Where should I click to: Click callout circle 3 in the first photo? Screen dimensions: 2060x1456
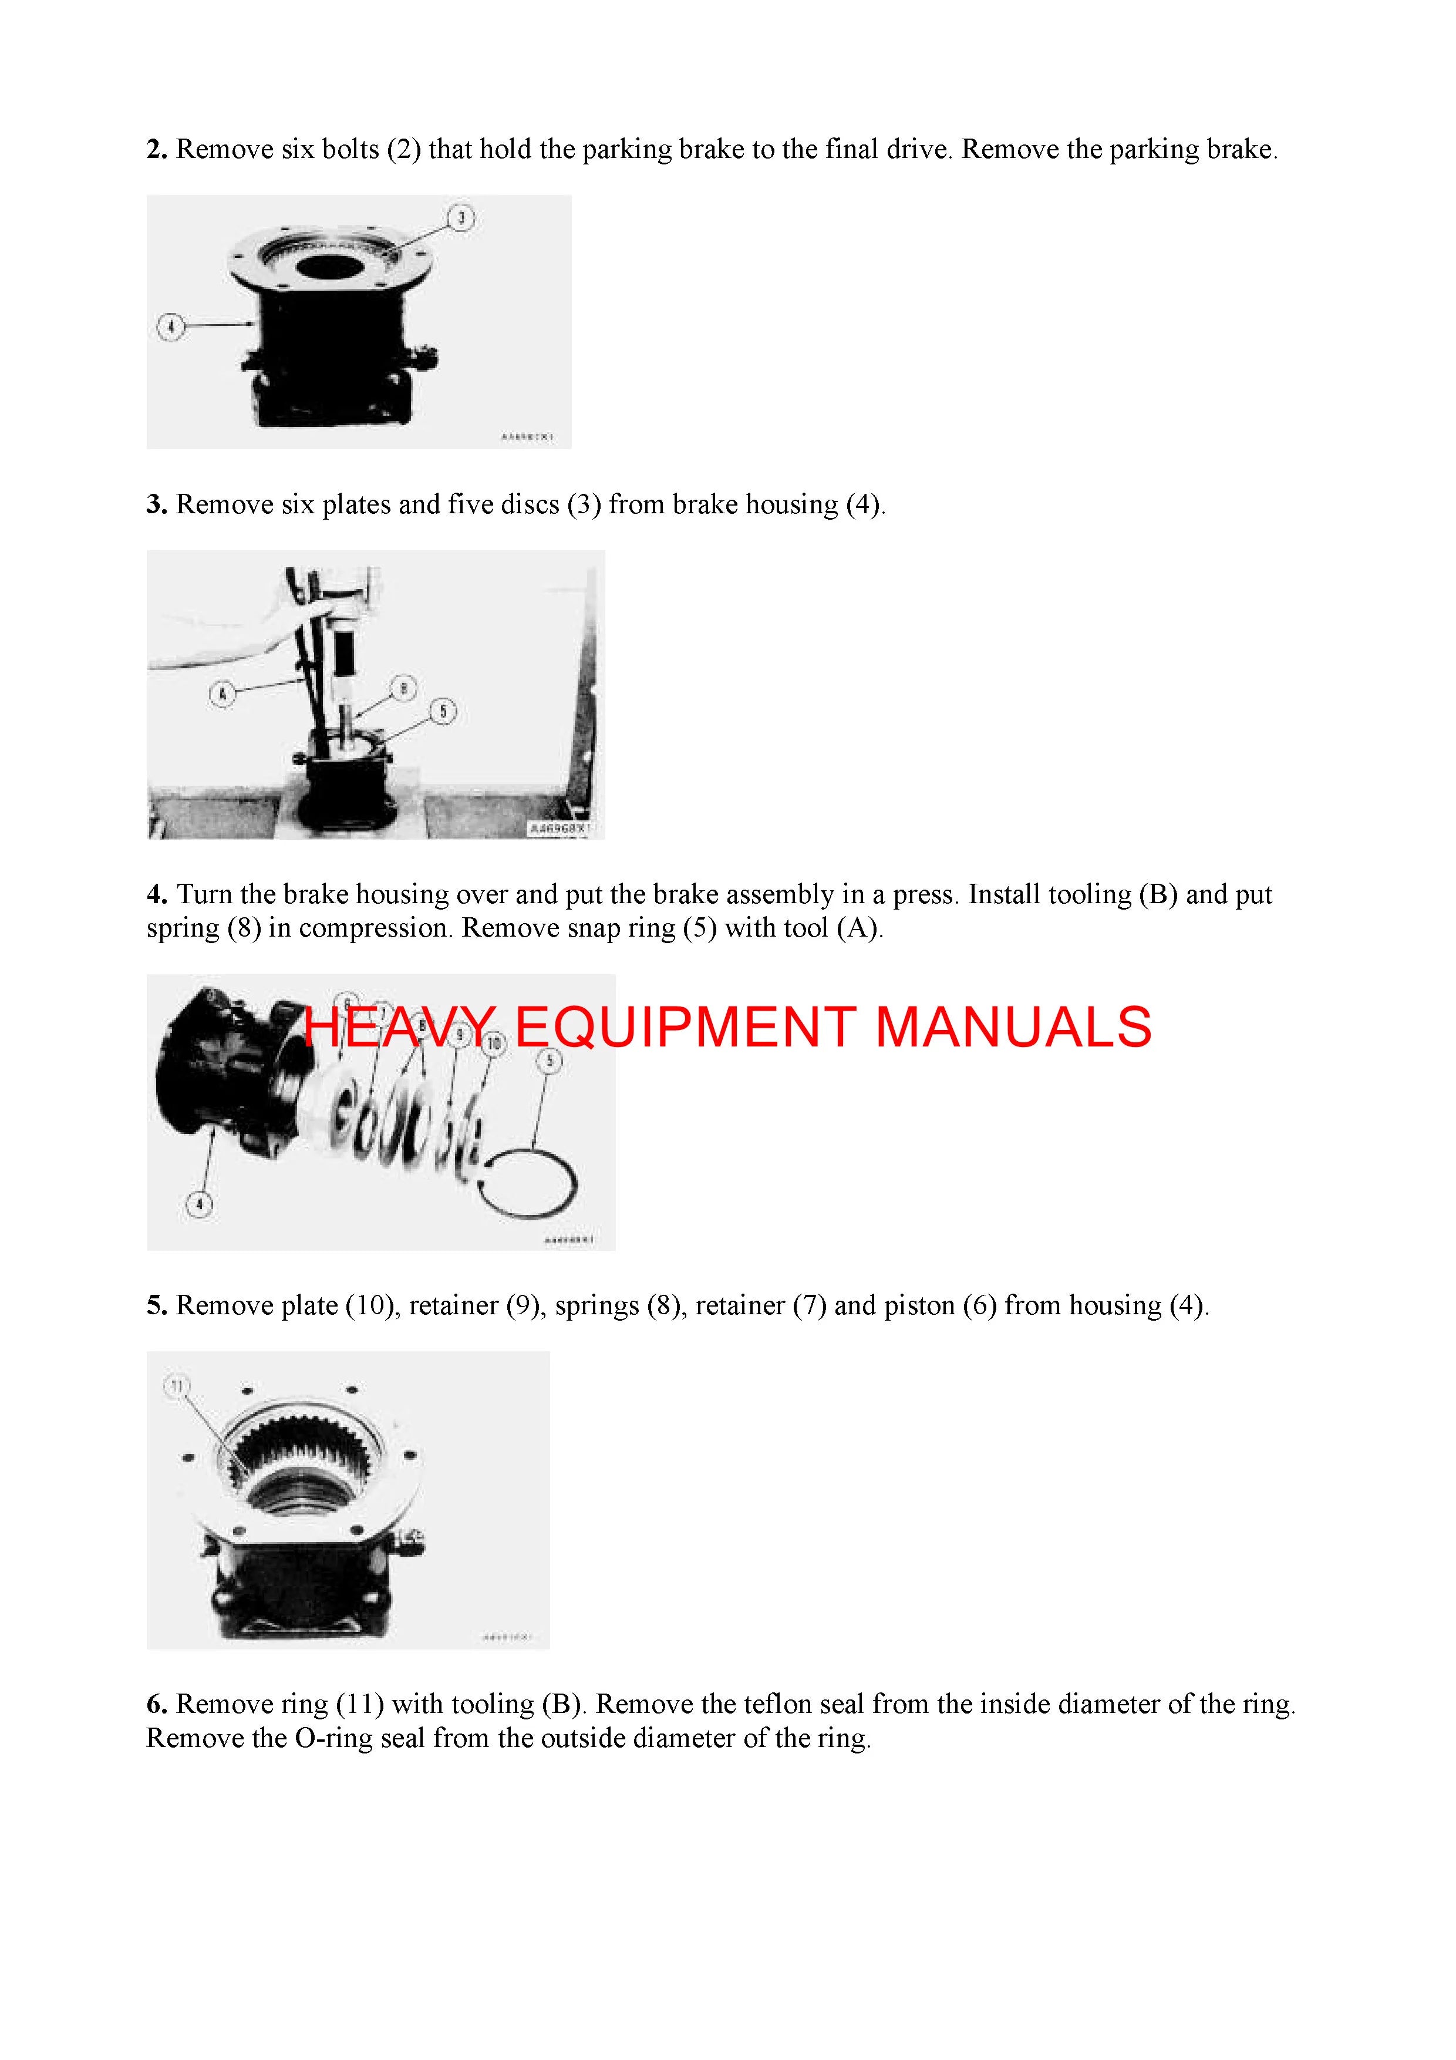click(461, 218)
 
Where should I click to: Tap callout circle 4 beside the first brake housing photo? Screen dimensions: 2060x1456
click(170, 326)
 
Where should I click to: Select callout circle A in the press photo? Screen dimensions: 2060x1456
click(223, 694)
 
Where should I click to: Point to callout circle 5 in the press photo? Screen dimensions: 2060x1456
click(443, 712)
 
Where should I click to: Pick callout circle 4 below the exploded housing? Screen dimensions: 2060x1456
click(199, 1204)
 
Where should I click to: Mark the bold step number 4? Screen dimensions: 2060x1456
click(157, 894)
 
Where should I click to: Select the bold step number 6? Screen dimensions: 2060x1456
click(157, 1704)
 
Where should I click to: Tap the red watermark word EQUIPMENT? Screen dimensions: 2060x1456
click(685, 1027)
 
